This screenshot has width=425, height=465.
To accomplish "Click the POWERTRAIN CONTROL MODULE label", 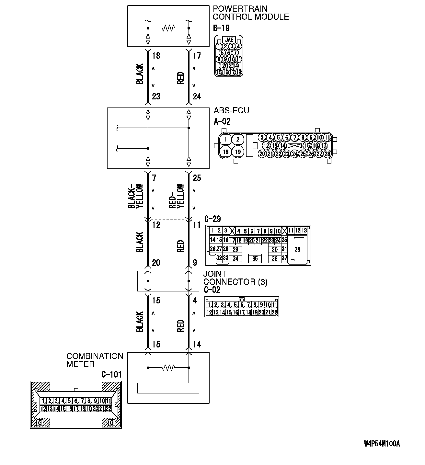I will [x=250, y=13].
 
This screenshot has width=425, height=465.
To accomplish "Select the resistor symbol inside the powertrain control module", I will [x=168, y=28].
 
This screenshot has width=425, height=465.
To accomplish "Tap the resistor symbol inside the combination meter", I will [x=168, y=368].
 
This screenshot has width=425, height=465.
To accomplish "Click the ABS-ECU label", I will [x=231, y=110].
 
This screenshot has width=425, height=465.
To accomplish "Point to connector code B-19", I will [x=221, y=28].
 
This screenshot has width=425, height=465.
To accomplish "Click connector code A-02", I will [x=222, y=122].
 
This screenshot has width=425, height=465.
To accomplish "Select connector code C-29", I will [x=212, y=219].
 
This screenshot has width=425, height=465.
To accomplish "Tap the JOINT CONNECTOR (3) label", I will [x=235, y=278].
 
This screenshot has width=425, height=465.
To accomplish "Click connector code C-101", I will [x=111, y=375].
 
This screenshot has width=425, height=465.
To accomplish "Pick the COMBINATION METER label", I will [x=95, y=360].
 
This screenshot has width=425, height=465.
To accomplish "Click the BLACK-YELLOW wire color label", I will [x=136, y=197].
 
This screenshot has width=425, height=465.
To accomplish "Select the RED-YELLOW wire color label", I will [x=177, y=197].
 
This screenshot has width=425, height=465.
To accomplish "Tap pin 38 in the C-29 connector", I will [x=297, y=249].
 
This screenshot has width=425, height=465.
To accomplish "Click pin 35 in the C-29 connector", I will [x=255, y=258].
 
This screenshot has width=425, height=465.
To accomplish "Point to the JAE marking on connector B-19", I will [x=229, y=40].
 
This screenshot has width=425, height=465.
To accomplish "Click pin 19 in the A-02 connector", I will [x=238, y=152].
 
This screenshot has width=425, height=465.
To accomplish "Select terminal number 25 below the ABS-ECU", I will [x=197, y=178].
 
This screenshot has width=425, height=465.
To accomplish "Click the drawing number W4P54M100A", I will [x=382, y=444].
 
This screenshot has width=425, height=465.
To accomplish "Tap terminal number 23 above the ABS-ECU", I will [x=156, y=96].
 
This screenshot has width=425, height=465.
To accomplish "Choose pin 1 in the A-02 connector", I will [x=226, y=140].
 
